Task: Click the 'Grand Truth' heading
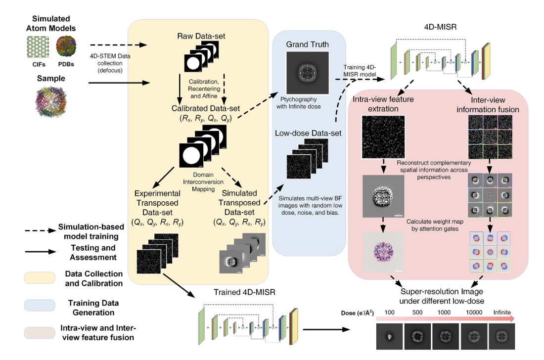pyautogui.click(x=307, y=45)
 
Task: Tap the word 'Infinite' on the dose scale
pyautogui.click(x=502, y=313)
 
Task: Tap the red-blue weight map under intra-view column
pyautogui.click(x=383, y=251)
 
